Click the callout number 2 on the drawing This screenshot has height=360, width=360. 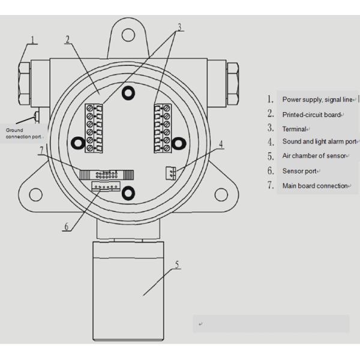[68, 40]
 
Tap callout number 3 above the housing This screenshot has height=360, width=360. [179, 27]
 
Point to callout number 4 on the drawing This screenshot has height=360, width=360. [221, 144]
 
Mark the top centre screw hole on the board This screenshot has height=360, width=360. [128, 92]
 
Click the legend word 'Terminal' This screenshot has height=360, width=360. [295, 128]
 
